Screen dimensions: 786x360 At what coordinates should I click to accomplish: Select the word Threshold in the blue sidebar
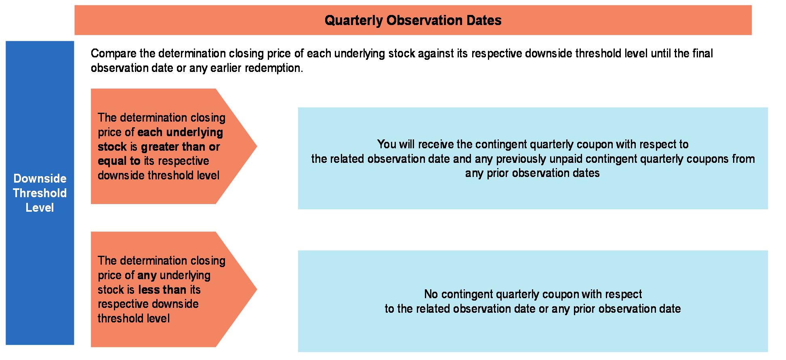pos(40,193)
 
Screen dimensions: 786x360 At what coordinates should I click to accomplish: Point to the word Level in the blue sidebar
pos(40,208)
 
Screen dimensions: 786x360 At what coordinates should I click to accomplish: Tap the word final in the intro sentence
pos(703,53)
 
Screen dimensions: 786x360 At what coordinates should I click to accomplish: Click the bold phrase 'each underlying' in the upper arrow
pos(180,133)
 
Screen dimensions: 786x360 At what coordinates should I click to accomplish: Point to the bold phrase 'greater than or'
pos(181,147)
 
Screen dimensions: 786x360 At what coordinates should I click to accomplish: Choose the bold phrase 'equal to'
pos(119,161)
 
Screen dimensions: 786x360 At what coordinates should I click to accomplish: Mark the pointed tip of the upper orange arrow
pos(257,146)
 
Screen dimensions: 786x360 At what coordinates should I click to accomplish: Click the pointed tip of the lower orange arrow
pos(257,289)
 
